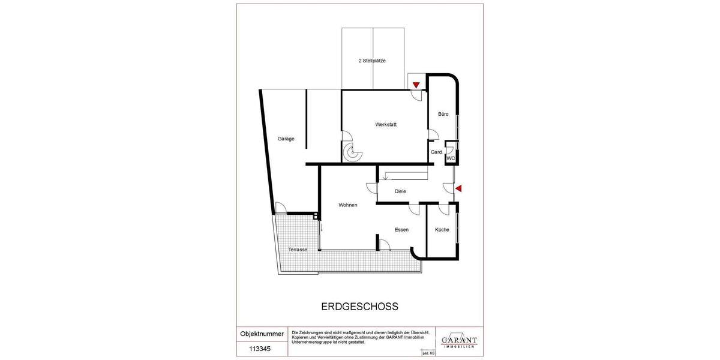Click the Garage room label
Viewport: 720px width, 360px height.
pos(286,139)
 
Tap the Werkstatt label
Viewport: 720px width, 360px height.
pos(386,125)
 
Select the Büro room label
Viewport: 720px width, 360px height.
pos(443,114)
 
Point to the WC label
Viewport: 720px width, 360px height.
pos(451,158)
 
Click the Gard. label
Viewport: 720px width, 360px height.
pos(437,152)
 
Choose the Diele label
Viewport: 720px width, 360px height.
pos(400,191)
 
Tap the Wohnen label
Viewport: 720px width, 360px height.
pos(348,205)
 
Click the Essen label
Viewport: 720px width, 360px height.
pos(401,230)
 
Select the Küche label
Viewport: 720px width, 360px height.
pos(442,230)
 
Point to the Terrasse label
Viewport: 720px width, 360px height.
pos(298,250)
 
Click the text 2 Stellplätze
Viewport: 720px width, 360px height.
pos(372,61)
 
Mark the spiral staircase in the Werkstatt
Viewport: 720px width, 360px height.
pos(352,154)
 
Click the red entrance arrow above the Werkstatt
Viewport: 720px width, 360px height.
pos(416,85)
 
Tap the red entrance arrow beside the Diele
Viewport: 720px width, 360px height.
pos(458,189)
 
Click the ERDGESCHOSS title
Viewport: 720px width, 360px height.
pos(360,307)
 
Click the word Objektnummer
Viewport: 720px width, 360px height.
pos(262,334)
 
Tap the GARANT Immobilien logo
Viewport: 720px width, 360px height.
pos(459,341)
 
